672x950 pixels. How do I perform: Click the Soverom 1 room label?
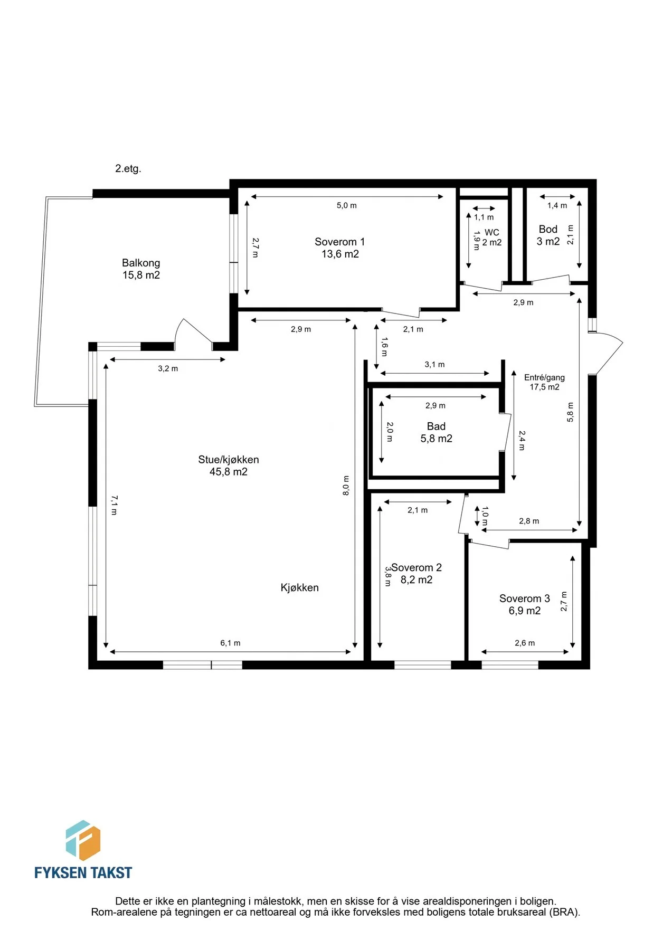[x=339, y=242]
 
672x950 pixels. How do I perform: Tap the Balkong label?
[x=141, y=263]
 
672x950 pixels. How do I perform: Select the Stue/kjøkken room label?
[x=229, y=460]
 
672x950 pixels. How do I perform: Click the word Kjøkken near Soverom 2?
[x=299, y=587]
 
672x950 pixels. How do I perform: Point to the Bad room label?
[x=436, y=426]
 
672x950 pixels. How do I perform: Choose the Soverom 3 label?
[x=524, y=598]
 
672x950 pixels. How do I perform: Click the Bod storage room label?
[x=548, y=229]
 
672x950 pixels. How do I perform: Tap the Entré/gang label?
[x=544, y=377]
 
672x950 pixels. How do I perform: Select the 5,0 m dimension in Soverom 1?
[x=347, y=205]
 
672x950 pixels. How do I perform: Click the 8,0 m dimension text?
[x=346, y=486]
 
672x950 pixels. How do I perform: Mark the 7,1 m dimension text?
[x=114, y=505]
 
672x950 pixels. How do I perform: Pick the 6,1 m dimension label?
[x=230, y=643]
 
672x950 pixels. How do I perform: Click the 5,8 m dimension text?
[x=570, y=412]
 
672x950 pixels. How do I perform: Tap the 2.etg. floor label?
[x=128, y=169]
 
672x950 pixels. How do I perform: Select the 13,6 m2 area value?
[x=340, y=254]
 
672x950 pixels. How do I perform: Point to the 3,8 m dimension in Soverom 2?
[x=388, y=576]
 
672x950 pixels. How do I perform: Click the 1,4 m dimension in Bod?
[x=557, y=205]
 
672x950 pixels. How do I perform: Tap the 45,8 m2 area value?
[x=229, y=472]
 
